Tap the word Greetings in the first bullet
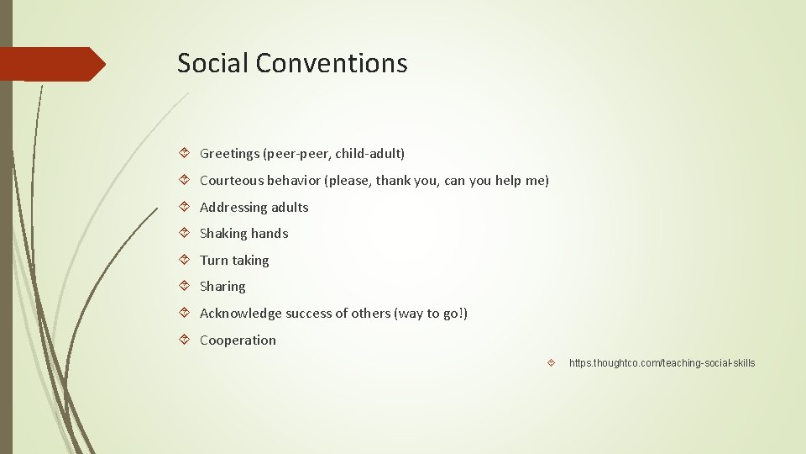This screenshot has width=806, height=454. [229, 154]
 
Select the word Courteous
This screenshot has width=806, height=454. [230, 180]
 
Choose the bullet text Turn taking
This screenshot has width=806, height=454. [234, 261]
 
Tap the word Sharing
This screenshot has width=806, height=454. [222, 287]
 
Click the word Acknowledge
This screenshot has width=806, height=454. [240, 314]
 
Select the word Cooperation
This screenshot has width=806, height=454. [238, 340]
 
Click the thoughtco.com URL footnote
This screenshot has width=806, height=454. [662, 363]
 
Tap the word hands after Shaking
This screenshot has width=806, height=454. [270, 234]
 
